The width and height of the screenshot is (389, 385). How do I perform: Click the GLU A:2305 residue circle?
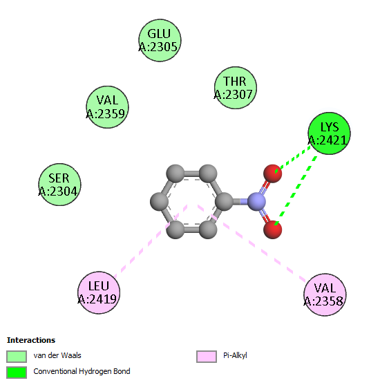pos(160,40)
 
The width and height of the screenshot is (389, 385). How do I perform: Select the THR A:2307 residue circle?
pos(236,88)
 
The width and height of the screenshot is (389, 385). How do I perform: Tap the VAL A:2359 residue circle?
pos(107,107)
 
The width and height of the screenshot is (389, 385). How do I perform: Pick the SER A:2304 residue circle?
pos(59,185)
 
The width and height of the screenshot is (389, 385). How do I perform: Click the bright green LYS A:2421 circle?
pos(329,133)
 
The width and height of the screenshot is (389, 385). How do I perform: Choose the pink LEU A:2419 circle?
pos(99,292)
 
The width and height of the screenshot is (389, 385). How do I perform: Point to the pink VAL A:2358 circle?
pos(325,294)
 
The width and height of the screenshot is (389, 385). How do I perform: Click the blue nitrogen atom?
pos(256,202)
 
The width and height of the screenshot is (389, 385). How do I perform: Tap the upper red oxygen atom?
pos(272,173)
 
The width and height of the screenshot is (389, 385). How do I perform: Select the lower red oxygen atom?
pos(272,229)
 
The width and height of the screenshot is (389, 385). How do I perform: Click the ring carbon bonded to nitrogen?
pos(224,202)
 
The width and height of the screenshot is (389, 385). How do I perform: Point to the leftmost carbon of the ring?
pos(160,202)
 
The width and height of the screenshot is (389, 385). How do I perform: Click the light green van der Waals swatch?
pos(17,357)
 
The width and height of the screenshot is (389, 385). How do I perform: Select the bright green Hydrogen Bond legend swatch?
pos(17,373)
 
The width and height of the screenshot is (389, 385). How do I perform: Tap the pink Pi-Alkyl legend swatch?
pos(207,357)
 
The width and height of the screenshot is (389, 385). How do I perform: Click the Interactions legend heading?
pos(31,340)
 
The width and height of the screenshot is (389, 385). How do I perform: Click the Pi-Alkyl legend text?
pos(235,356)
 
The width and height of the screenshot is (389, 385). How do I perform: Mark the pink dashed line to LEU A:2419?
pos(151,241)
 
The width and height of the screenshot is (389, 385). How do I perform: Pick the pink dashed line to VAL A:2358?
pos(252,243)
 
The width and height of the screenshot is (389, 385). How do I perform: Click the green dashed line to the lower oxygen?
pos(296,190)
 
